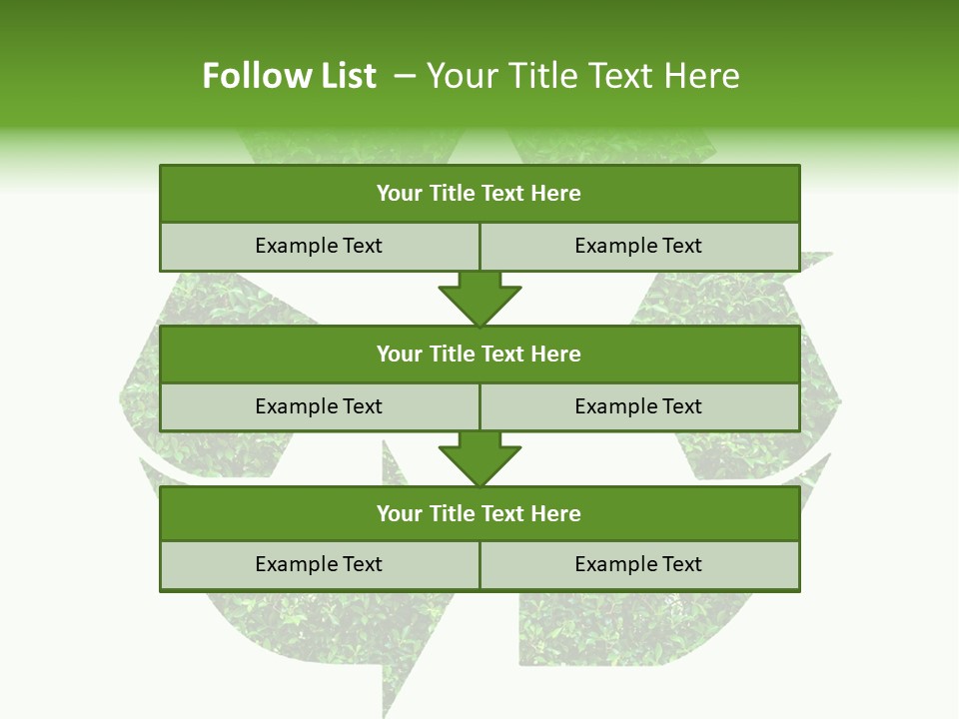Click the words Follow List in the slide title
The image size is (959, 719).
coord(289,76)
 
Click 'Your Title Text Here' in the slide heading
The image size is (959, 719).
coord(582,76)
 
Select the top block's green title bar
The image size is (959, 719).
coord(479,194)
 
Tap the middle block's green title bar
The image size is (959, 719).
coord(479,354)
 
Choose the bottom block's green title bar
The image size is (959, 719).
coord(479,513)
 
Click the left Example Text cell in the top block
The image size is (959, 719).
coord(319,246)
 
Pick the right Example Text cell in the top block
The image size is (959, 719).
coord(638,246)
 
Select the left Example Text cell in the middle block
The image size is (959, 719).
coord(319,406)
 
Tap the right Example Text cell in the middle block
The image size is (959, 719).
coord(638,406)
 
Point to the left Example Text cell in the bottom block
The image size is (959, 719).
coord(319,564)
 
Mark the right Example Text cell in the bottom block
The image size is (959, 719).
coord(638,564)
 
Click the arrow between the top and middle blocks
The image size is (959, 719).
coord(479,298)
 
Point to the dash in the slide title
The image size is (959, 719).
coord(405,76)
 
